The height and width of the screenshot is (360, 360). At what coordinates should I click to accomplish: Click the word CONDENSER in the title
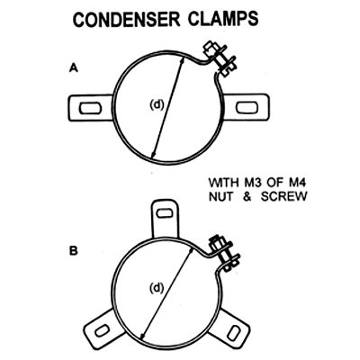click(127, 20)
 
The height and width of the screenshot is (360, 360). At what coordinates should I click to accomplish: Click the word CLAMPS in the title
click(223, 20)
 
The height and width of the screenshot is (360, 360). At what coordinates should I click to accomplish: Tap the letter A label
click(74, 68)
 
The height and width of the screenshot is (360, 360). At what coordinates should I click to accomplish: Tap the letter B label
click(74, 251)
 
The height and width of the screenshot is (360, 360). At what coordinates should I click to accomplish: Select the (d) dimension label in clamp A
click(157, 104)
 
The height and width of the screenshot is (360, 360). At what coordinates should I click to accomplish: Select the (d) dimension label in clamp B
click(157, 288)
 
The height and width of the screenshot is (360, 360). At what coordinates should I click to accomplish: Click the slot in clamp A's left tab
click(90, 109)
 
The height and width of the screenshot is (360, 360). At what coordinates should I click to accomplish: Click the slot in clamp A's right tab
click(247, 108)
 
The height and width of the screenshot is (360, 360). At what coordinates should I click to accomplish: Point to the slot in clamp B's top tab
click(165, 213)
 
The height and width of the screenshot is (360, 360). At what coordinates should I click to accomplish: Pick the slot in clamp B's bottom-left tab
click(102, 331)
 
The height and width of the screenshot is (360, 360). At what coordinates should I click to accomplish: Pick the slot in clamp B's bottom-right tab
click(233, 333)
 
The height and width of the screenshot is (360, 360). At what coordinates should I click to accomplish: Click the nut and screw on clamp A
click(219, 59)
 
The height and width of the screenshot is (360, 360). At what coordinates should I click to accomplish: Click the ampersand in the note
click(247, 197)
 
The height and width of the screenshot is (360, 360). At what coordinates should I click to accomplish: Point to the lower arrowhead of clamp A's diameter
click(153, 154)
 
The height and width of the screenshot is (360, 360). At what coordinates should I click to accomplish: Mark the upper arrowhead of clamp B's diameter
click(190, 252)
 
